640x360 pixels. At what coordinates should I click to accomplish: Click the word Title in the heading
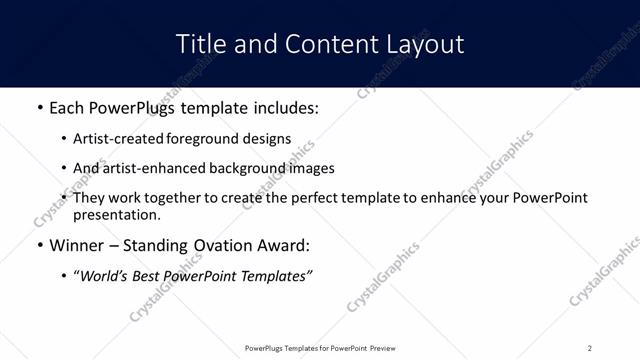pos(199,44)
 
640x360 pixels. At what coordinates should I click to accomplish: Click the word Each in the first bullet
pos(67,106)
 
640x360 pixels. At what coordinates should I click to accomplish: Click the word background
pos(242,168)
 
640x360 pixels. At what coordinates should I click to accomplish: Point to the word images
pos(308,168)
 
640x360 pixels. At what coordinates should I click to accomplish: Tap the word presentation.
pos(116,215)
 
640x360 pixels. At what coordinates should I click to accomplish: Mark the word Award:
pos(285,245)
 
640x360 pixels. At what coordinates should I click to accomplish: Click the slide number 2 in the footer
pos(590,348)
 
